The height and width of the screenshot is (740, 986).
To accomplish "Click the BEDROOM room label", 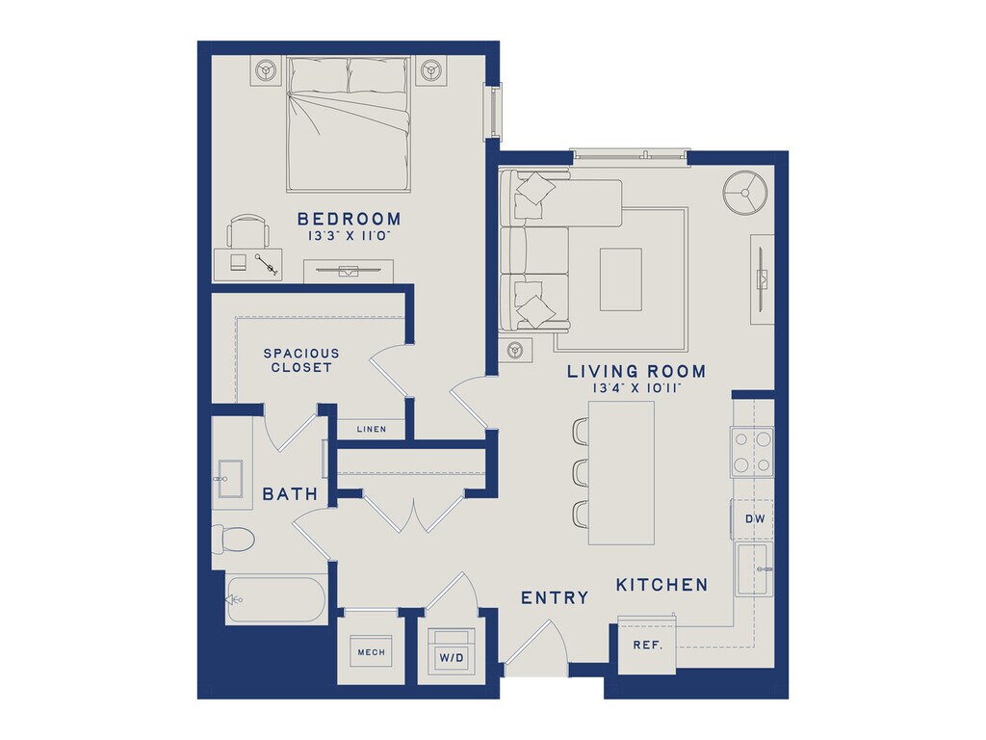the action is pos(349,219).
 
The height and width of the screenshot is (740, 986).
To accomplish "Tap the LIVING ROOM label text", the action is pos(636,371).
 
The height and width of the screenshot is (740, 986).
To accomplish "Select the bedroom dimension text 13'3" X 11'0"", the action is pos(349,237).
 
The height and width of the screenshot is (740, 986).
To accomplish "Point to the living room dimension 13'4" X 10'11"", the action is pos(637,389).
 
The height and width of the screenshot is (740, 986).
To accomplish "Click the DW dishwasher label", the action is pos(755,519).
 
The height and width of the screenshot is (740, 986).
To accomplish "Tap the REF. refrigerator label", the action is pos(648,646).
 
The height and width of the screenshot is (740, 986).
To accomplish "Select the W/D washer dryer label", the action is pos(452,658).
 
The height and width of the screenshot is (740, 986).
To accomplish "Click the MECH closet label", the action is pos(371,652).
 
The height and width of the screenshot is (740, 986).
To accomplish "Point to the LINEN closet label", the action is pos(371,429).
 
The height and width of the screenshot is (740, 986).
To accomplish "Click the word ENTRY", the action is pos(555,597).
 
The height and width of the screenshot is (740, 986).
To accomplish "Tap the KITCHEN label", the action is pos(662,585).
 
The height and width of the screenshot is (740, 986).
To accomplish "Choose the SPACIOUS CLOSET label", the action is pos(301,360).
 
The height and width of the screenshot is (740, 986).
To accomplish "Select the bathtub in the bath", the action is pos(276,600).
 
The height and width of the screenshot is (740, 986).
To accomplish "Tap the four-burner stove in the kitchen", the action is pos(752,451).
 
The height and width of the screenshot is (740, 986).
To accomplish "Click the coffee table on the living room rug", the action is pos(621,279).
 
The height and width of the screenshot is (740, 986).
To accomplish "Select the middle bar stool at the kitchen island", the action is pos(580,472).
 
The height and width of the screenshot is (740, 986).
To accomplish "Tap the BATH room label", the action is pos(290,494).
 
